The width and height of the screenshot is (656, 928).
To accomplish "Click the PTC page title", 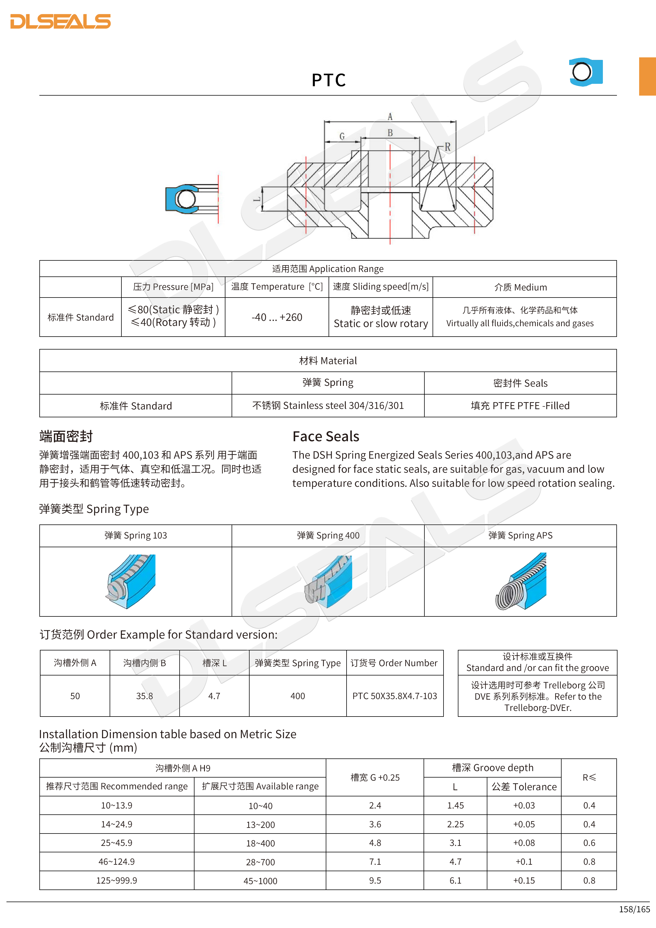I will coord(328,80).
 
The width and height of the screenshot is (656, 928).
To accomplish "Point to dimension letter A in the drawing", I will coord(390,117).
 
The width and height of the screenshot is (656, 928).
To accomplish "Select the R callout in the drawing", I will coord(447,147).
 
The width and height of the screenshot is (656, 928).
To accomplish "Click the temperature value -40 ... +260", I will coord(277,317).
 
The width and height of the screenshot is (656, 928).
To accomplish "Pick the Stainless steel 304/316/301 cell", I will coord(328,406).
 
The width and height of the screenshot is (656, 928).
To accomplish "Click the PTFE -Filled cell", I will coord(520,406).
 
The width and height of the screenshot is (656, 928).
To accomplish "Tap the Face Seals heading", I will coord(325,436).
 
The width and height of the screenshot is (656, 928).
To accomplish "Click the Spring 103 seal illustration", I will coord(131,581).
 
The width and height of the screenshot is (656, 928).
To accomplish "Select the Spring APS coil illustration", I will coord(521,581).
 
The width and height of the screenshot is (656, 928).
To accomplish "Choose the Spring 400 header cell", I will coord(328,535).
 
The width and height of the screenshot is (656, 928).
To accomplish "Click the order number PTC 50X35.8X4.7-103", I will coord(395,696).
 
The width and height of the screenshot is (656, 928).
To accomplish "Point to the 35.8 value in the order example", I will coord(144,696).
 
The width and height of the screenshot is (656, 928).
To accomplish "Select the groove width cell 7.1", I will coord(375,862).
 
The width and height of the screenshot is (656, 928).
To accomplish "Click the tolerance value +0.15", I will coord(524,880).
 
